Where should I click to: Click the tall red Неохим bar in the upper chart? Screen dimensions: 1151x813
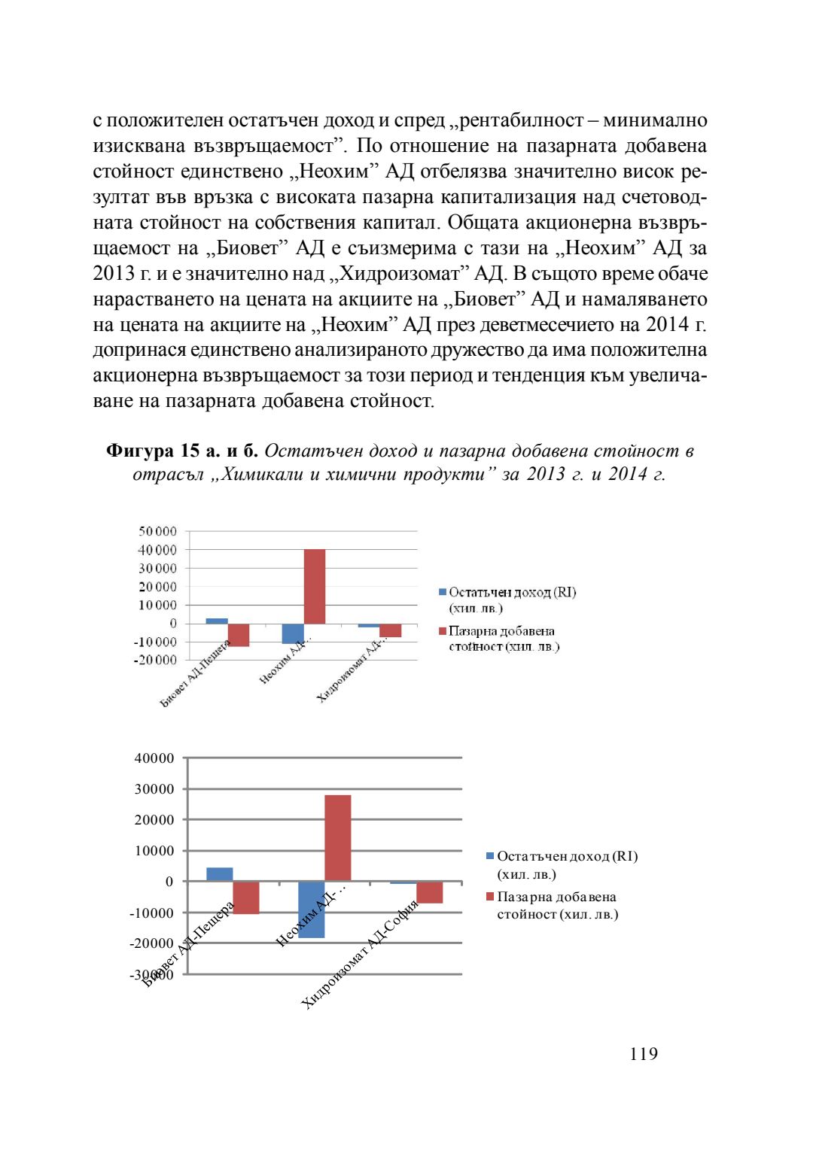[x=315, y=586]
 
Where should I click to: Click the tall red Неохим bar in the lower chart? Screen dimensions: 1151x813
[x=338, y=837]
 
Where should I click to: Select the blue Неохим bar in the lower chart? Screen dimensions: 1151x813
[x=312, y=910]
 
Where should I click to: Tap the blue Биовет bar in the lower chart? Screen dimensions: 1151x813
[x=220, y=874]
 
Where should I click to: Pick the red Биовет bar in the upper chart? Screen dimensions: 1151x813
[x=239, y=635]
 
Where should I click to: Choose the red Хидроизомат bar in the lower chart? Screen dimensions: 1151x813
[x=430, y=892]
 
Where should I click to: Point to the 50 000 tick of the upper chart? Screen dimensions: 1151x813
[x=157, y=532]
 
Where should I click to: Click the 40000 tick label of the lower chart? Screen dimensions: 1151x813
[x=154, y=758]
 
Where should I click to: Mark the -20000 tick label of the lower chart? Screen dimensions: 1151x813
[x=154, y=943]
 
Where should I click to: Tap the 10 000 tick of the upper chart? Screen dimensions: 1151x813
[x=157, y=605]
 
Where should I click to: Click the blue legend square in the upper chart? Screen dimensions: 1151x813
[x=443, y=593]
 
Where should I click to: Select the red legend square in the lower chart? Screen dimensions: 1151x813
[x=490, y=897]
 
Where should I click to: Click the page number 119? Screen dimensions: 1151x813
[x=644, y=1054]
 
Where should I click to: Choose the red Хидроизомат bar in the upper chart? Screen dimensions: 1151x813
[x=391, y=630]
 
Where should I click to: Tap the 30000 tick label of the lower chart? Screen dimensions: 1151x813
[x=154, y=789]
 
